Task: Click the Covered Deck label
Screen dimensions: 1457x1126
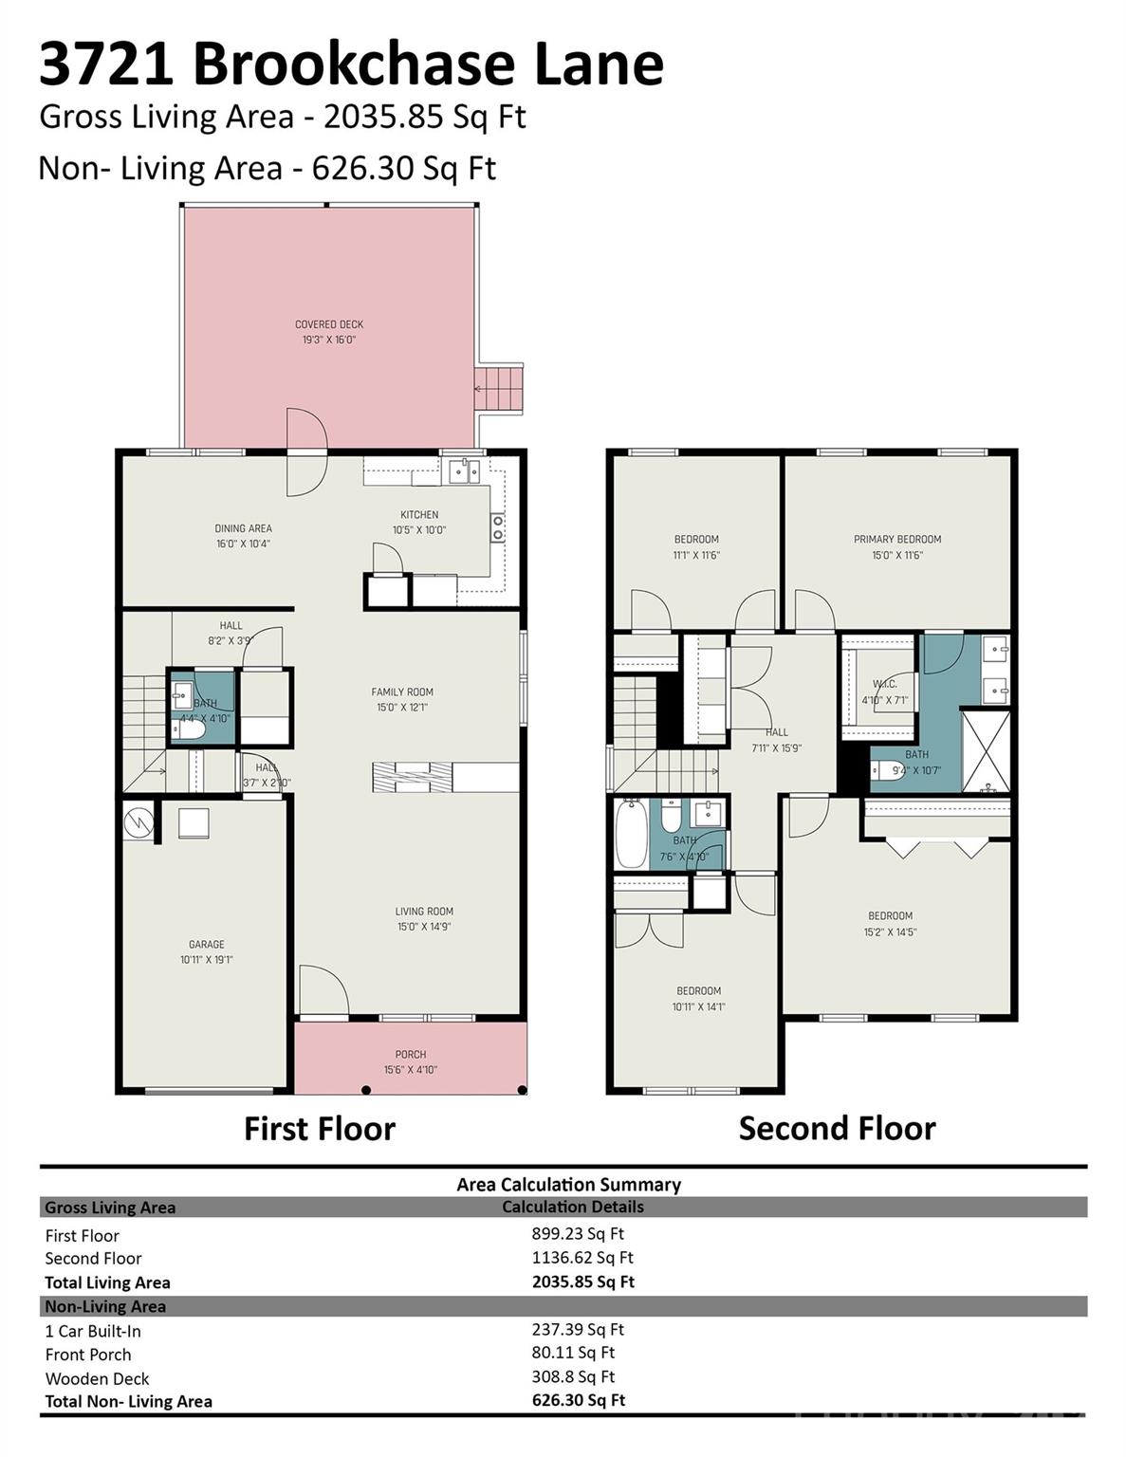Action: [329, 324]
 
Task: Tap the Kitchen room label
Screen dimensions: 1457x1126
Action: [419, 515]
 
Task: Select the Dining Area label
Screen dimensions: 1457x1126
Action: [243, 528]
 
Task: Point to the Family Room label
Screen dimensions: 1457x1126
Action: [402, 692]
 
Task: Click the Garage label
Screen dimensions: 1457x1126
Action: [207, 944]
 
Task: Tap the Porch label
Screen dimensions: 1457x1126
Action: [411, 1054]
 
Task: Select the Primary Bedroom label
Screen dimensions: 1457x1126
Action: [897, 540]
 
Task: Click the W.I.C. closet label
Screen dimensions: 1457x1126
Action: [885, 684]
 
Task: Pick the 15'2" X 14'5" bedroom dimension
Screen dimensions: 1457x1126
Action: [891, 931]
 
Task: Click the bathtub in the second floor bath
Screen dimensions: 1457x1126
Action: [631, 835]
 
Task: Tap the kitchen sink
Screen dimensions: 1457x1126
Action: [464, 470]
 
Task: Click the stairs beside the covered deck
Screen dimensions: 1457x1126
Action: [500, 389]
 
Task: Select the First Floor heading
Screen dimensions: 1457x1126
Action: [320, 1129]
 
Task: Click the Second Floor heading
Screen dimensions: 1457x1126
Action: [837, 1129]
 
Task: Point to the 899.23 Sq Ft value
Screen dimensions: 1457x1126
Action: [578, 1234]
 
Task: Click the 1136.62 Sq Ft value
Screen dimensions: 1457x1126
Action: [582, 1258]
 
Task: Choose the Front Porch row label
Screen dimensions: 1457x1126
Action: [88, 1355]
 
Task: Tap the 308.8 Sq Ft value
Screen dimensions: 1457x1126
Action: [573, 1376]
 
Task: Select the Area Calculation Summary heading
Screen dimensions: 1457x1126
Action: [569, 1184]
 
